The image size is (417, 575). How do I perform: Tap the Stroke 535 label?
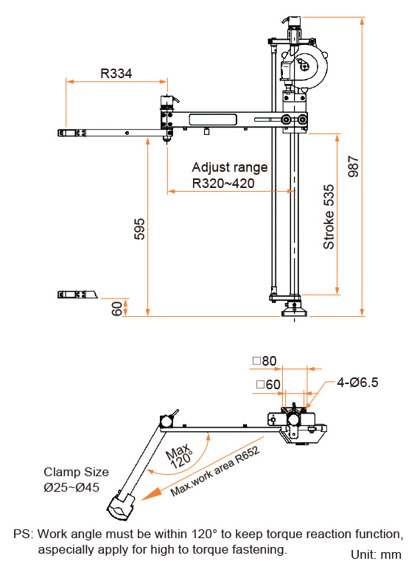tap(329, 217)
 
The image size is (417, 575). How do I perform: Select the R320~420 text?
tap(223, 183)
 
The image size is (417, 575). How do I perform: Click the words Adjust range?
tap(229, 167)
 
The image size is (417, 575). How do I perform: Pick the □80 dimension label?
tap(264, 361)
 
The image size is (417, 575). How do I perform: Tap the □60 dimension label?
tap(268, 384)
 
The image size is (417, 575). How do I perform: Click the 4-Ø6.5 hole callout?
tap(357, 383)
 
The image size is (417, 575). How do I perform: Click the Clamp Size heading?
tap(76, 472)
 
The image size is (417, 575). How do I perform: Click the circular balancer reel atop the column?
tap(316, 68)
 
